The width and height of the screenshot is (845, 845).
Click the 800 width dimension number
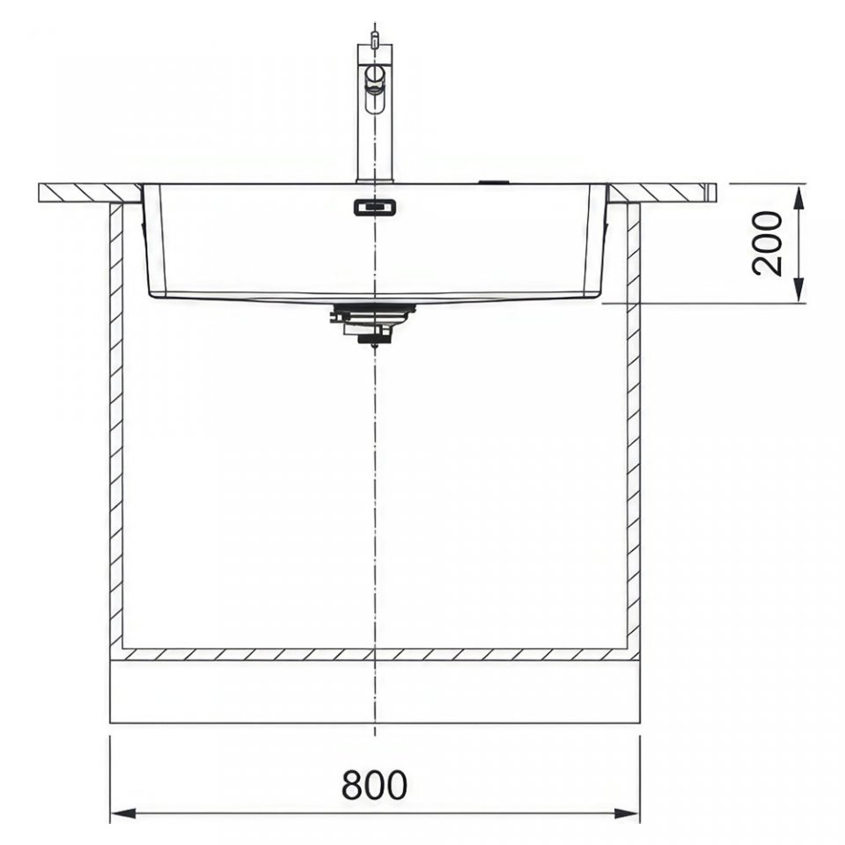click(x=375, y=784)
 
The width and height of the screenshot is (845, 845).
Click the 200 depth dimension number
click(x=767, y=244)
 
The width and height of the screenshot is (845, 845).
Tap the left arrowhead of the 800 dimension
click(x=123, y=812)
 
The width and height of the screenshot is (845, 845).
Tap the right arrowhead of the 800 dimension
click(x=627, y=812)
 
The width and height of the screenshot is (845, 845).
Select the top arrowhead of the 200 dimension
click(x=799, y=196)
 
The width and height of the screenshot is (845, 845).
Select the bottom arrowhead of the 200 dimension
click(x=799, y=290)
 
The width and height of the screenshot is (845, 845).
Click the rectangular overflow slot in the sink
click(x=375, y=207)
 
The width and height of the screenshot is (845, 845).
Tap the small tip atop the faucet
click(x=375, y=38)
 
